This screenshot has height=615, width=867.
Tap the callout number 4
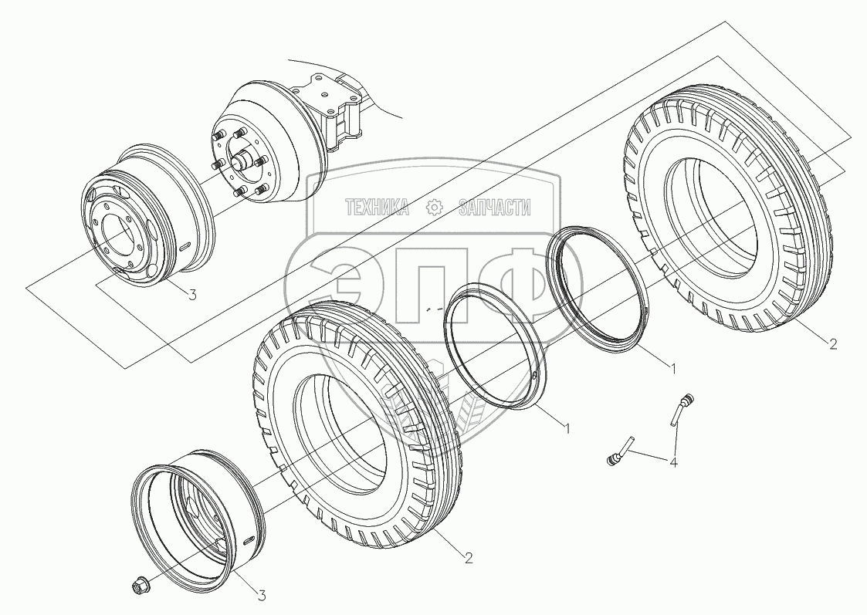coord(673,462)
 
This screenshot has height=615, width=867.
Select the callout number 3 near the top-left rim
coord(192,295)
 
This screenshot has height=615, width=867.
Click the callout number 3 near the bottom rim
coord(262,596)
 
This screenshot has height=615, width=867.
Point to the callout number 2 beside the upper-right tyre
coord(833,344)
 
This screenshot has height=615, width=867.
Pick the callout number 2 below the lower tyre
coord(469,558)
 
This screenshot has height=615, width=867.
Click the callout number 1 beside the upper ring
coord(672,368)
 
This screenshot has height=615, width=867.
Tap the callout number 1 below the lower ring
coord(566,427)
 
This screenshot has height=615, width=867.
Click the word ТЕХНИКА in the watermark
coord(377,208)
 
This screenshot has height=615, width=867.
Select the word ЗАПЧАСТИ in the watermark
coord(495,208)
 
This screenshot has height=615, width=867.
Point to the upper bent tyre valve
coord(681,410)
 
